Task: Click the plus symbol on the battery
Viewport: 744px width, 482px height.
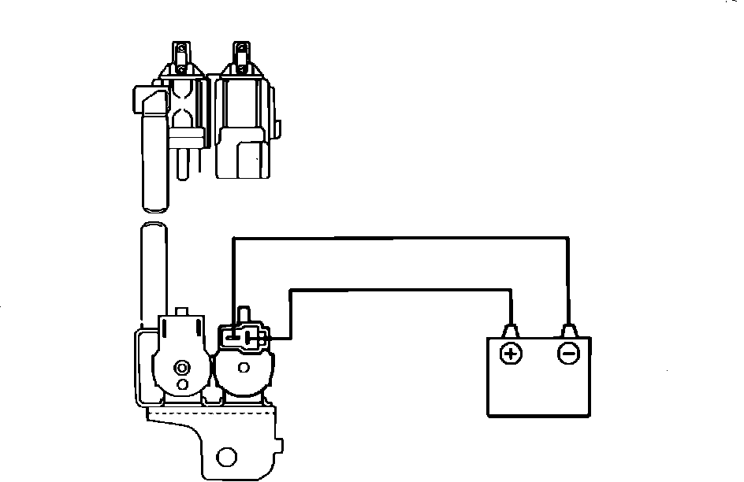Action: (511, 353)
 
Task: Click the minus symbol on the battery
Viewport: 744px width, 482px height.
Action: (568, 353)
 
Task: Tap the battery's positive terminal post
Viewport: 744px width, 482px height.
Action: (511, 330)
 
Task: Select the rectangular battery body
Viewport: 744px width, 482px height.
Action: (540, 386)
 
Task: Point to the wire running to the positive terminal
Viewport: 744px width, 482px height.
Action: (402, 289)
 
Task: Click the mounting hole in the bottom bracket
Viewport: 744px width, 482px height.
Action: (227, 457)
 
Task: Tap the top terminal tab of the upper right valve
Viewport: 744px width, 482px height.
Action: (241, 53)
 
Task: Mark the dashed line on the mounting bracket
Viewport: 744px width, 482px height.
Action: (209, 413)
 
